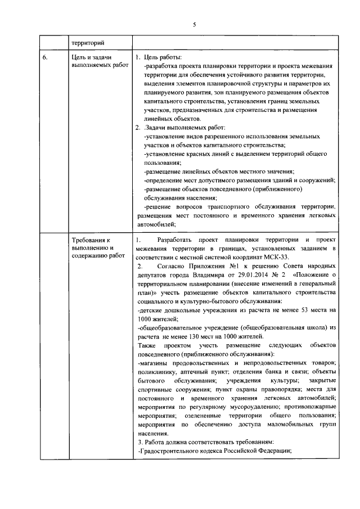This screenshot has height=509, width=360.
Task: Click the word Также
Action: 147,345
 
